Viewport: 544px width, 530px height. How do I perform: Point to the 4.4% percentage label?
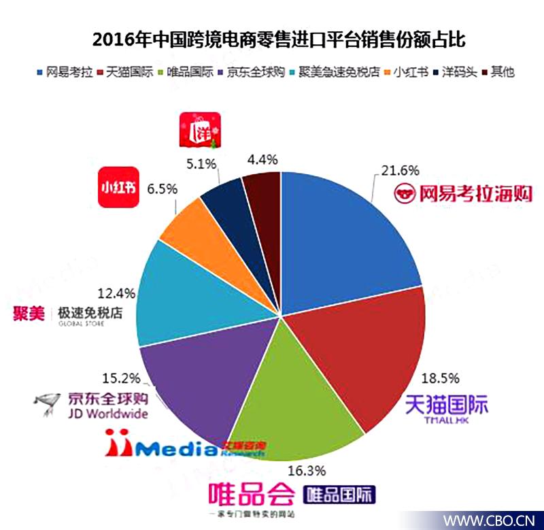tap(262, 160)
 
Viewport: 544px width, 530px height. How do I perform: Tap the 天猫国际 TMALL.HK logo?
tap(446, 410)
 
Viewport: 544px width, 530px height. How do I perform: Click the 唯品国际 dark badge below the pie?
tap(339, 493)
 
